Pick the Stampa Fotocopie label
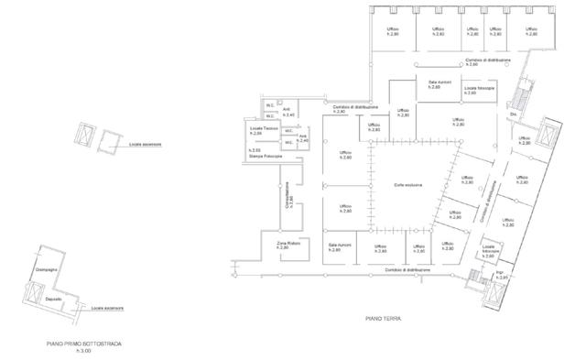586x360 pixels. tap(266, 157)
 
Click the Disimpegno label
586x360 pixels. tap(47, 270)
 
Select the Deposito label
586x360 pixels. tap(53, 300)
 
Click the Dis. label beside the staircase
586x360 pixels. tap(514, 115)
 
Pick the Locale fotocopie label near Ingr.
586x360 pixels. tap(488, 252)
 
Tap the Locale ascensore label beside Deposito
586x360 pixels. tap(107, 308)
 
